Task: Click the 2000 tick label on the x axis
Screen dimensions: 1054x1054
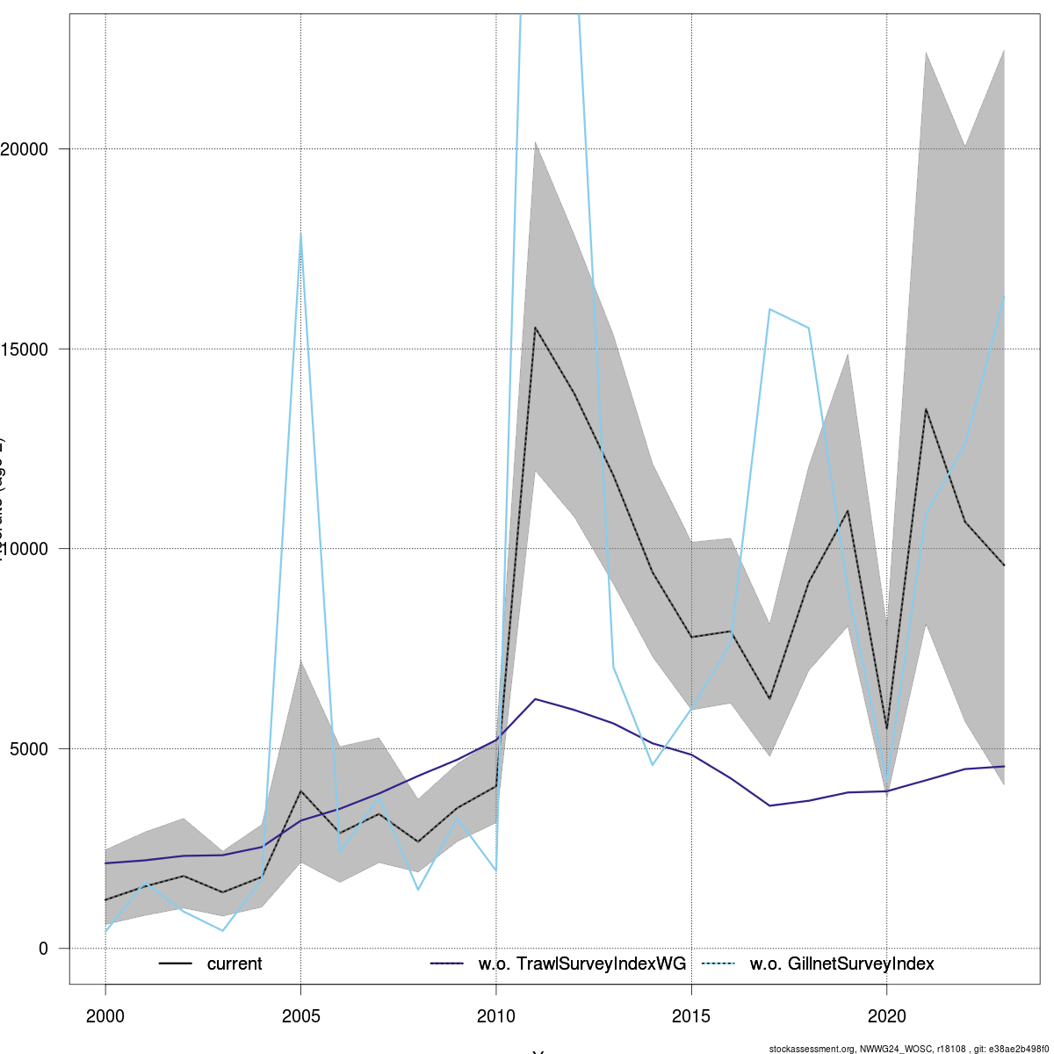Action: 105,1016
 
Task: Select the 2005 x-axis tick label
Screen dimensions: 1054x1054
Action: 300,1016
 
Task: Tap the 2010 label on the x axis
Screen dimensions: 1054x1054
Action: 496,1016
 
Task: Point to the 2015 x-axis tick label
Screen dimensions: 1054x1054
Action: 691,1016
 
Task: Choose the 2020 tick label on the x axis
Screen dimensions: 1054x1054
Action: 886,1016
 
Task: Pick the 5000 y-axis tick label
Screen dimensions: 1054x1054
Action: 35,748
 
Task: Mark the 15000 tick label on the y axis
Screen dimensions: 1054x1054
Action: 31,349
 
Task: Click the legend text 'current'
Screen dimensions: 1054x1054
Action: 235,964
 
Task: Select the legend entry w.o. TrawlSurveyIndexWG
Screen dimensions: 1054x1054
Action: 581,964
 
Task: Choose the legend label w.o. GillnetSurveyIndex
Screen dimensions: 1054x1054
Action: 841,964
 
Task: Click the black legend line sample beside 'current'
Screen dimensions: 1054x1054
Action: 176,964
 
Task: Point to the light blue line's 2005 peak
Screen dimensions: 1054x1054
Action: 300,235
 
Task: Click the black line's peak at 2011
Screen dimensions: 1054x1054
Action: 535,328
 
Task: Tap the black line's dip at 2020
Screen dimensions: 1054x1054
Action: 886,729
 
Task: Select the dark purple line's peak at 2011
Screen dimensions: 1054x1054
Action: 535,699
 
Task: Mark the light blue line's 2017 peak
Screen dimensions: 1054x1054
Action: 769,309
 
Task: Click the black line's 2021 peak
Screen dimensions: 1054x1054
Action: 926,409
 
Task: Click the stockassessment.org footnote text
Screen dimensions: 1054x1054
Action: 908,1049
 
